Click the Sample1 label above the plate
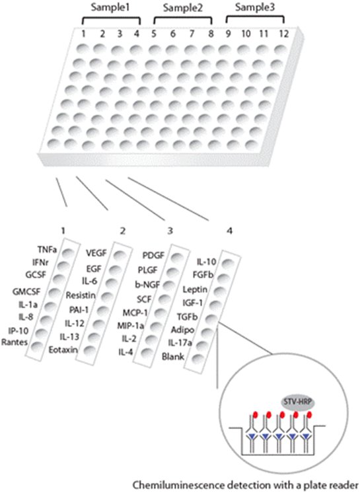click(110, 7)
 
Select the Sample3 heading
click(255, 7)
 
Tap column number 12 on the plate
click(283, 33)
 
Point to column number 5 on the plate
click(154, 33)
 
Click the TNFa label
click(47, 250)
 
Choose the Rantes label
click(15, 342)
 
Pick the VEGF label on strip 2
click(96, 253)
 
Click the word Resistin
click(81, 295)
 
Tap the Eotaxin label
click(63, 350)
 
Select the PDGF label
click(153, 255)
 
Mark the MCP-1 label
click(135, 313)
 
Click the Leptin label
click(195, 289)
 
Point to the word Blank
click(173, 357)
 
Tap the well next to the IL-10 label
click(228, 264)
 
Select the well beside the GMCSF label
click(54, 292)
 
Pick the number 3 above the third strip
click(170, 231)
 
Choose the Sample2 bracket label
click(182, 8)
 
